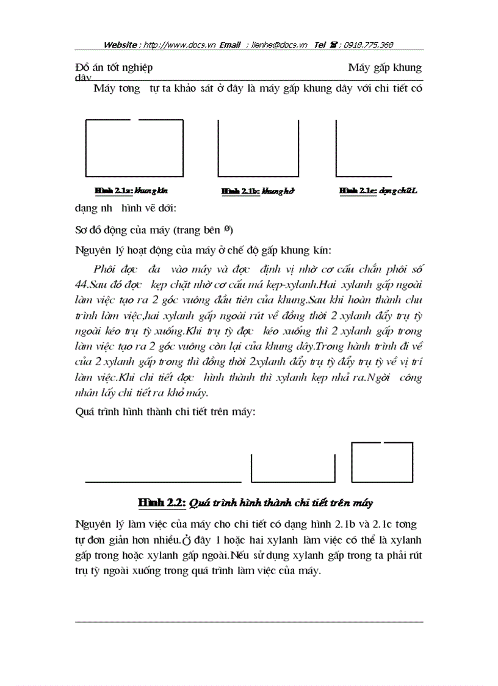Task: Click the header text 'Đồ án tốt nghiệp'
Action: tap(114, 67)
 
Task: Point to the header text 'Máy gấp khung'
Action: tap(384, 67)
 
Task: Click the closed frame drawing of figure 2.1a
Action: tap(134, 148)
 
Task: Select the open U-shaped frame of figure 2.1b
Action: tap(258, 148)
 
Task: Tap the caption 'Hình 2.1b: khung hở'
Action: tap(258, 191)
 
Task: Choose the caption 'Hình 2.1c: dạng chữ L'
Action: tap(378, 191)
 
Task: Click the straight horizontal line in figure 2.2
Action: tap(163, 481)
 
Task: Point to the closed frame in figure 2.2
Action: tap(382, 462)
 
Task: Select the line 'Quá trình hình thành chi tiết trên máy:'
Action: tap(165, 412)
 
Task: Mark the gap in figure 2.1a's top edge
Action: tap(135, 120)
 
